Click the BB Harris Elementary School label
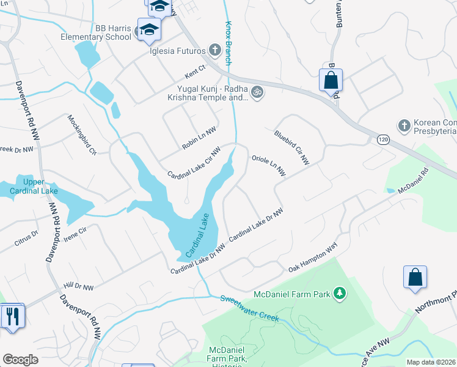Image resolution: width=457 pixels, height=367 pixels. tap(96, 32)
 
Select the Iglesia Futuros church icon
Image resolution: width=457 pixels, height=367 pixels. tap(214, 50)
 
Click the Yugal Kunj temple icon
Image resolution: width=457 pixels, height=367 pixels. tap(257, 92)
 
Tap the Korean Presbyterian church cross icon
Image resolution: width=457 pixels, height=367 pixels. tap(403, 125)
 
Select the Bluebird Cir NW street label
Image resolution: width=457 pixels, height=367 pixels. tap(291, 147)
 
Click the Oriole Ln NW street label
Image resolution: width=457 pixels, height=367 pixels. tap(268, 165)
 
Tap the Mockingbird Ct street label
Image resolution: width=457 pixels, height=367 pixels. tap(82, 134)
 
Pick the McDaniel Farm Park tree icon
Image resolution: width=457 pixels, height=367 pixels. tap(340, 295)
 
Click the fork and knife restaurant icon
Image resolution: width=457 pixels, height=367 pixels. tap(12, 316)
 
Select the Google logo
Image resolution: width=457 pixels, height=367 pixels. tap(21, 360)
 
